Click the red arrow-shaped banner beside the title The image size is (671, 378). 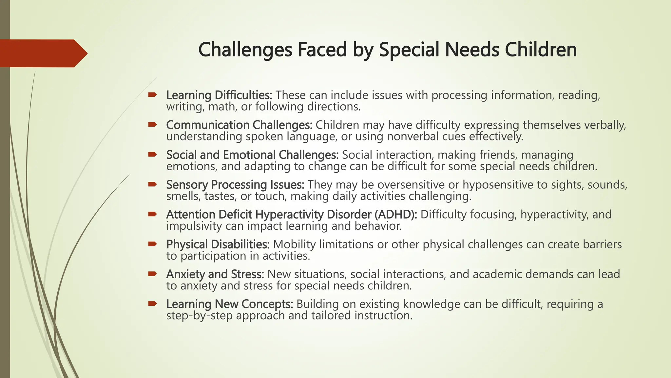(x=43, y=53)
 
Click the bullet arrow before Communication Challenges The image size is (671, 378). (x=152, y=124)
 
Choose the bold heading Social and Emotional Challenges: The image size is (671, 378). (x=252, y=155)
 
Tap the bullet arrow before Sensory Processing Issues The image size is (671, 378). (x=152, y=184)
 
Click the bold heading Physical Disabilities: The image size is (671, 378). (x=218, y=244)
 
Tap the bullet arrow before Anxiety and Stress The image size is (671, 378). (x=152, y=274)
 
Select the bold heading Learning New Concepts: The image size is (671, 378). (x=230, y=304)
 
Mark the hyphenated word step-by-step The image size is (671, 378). (x=199, y=316)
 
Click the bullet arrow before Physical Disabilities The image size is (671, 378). (x=152, y=244)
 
